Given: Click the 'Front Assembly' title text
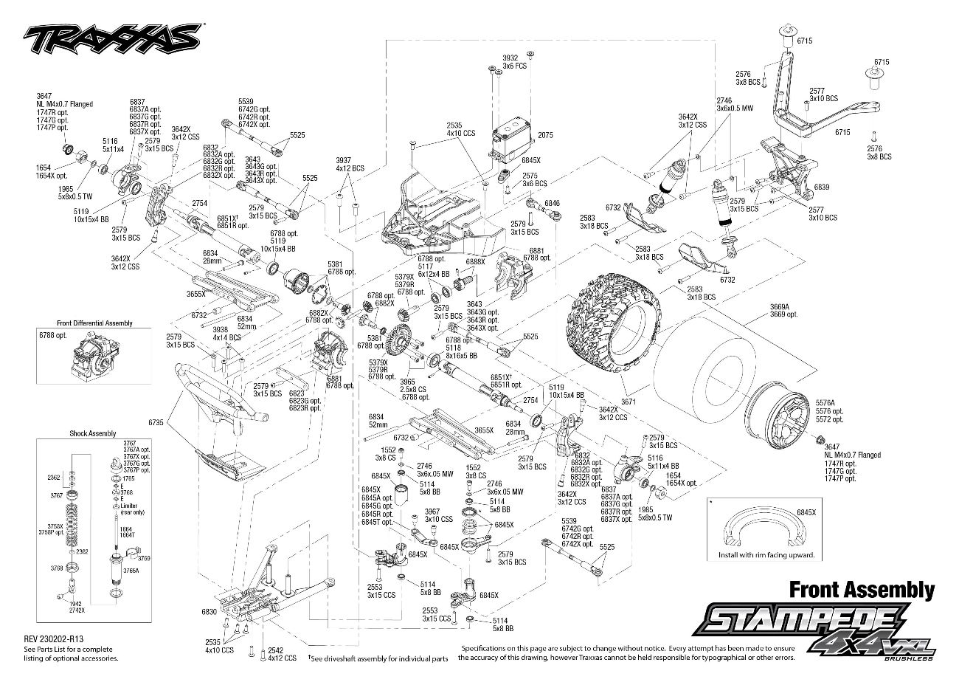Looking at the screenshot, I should pos(862,589).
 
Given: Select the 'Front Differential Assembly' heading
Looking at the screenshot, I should pos(94,323).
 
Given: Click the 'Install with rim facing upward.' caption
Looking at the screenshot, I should pos(766,554).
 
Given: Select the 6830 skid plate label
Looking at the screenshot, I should pos(209,612).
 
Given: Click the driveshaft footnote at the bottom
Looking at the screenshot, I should pos(378,657).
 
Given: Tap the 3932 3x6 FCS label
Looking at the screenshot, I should pos(511,61).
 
